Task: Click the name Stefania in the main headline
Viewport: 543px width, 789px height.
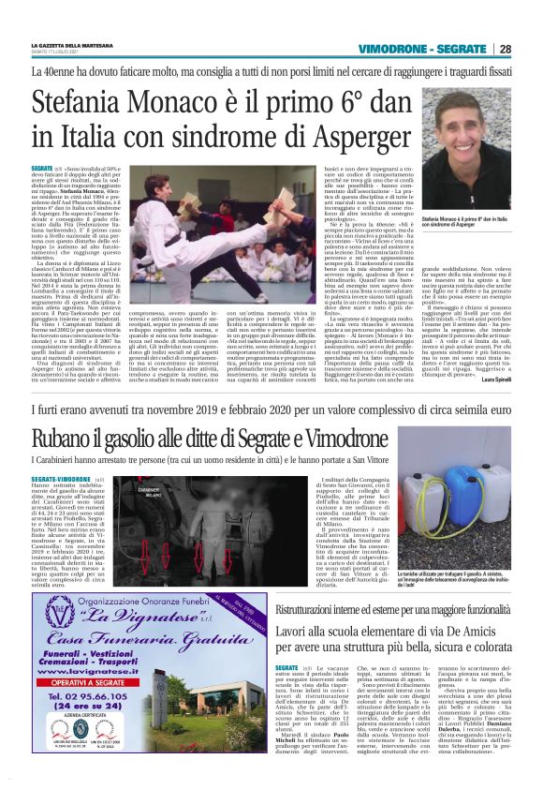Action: pyautogui.click(x=107, y=100)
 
